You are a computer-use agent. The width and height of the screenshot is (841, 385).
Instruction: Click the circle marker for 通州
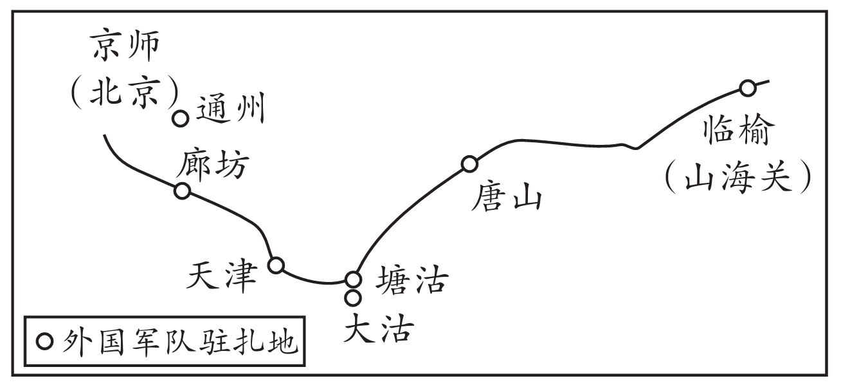point(181,118)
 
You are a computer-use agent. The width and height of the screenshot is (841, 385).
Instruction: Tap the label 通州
point(230,111)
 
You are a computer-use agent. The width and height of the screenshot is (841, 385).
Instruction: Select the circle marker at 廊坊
point(183,191)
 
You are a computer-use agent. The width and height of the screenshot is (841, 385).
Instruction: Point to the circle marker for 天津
point(276,265)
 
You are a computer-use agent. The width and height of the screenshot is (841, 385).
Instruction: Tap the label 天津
point(221,277)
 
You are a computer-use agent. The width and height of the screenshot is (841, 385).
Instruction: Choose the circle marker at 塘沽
point(353,279)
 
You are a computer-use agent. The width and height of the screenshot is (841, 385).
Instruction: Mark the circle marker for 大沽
point(352,297)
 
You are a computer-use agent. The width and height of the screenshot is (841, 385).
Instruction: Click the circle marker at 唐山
point(470,164)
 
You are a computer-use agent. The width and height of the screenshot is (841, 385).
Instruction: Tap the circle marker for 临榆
point(747,88)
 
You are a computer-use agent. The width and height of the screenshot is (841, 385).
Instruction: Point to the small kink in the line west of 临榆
point(635,147)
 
